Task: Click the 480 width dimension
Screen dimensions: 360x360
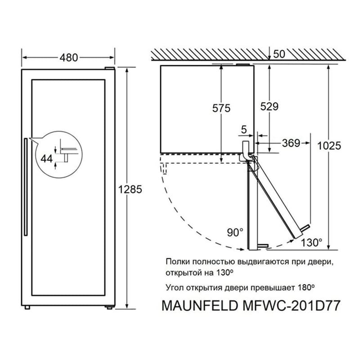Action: tap(69, 58)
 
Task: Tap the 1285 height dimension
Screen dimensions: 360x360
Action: tap(130, 189)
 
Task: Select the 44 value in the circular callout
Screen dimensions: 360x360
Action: tap(47, 158)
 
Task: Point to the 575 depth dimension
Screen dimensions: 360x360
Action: tap(221, 108)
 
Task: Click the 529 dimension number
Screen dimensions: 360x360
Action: tap(269, 106)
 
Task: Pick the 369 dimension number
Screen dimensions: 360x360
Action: tap(291, 143)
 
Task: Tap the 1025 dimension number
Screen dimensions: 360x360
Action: tap(329, 146)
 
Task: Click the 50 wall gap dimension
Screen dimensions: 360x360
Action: tap(279, 54)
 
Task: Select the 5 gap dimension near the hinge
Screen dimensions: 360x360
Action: tap(244, 130)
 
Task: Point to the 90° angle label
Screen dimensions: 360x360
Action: tap(235, 233)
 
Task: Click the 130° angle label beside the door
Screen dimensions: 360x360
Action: tap(311, 243)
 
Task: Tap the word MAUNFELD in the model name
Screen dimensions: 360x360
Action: tap(199, 306)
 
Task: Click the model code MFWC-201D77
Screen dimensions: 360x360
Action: tap(291, 306)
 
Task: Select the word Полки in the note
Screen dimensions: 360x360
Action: tap(178, 262)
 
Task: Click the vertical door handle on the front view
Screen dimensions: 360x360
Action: tap(26, 187)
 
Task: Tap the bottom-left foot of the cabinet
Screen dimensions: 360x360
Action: tap(27, 307)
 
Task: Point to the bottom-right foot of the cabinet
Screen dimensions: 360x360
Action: tap(109, 307)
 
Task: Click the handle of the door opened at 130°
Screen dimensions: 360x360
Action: tap(305, 228)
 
